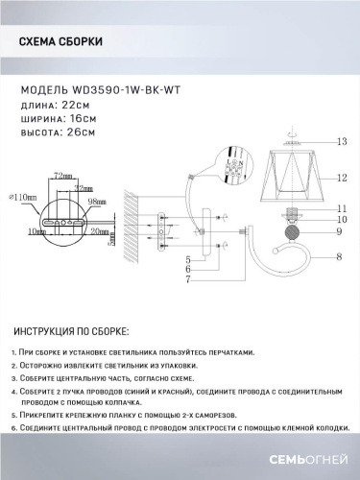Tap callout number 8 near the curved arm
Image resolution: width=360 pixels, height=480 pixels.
tap(338, 257)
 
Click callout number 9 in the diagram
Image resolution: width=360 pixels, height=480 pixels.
tap(338, 231)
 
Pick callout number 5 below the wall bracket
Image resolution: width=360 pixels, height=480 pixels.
tap(189, 260)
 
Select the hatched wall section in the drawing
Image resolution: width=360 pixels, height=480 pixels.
tap(135, 227)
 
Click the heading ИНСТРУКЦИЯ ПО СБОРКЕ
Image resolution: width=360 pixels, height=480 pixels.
tap(73, 331)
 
